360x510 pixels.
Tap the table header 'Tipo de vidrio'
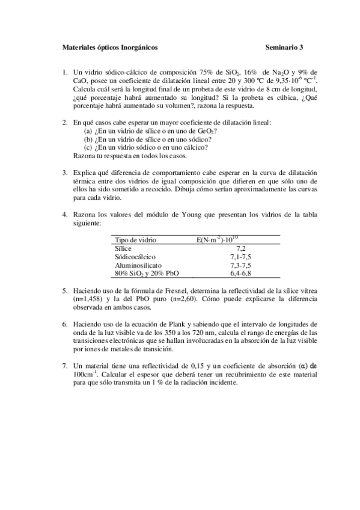135,239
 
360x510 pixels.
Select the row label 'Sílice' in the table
123,248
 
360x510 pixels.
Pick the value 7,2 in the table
242,248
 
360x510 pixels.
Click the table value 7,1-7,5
241,256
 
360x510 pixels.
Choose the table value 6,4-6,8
241,273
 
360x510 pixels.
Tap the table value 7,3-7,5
241,265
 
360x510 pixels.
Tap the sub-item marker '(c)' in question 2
88,147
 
